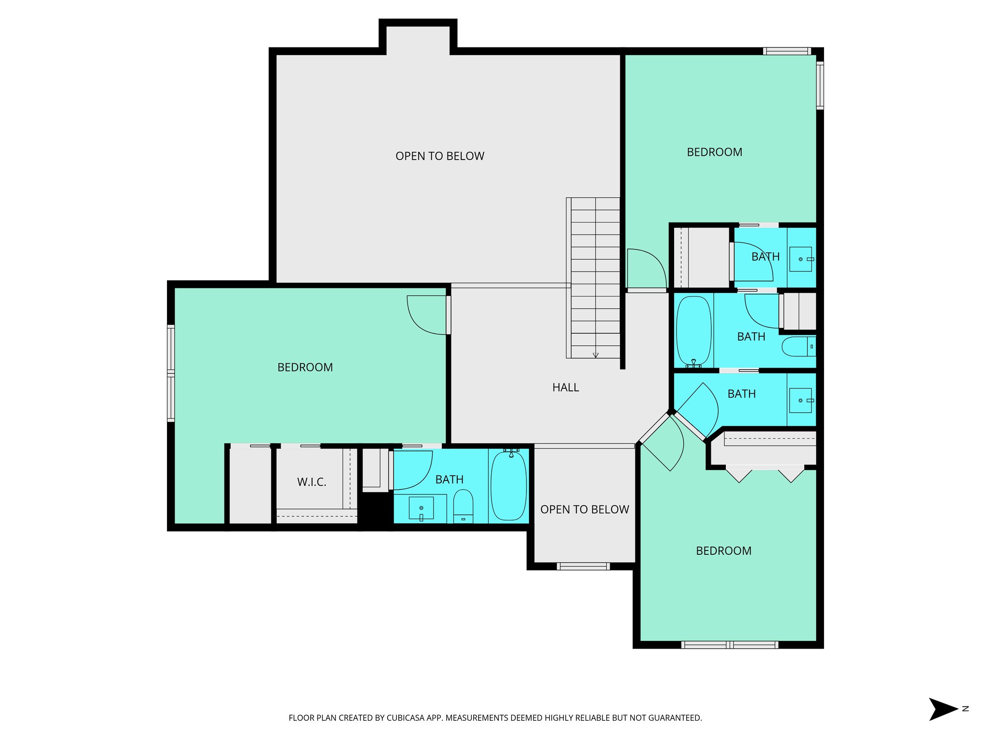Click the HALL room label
click(x=565, y=387)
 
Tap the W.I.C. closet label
click(x=312, y=482)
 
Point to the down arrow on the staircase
click(x=596, y=355)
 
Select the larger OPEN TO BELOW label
click(x=439, y=156)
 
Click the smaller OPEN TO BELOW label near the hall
click(x=584, y=509)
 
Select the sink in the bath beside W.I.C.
click(x=421, y=508)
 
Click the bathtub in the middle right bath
click(x=693, y=331)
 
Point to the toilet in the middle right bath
click(x=798, y=347)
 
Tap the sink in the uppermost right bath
click(x=801, y=259)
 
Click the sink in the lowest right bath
click(x=800, y=401)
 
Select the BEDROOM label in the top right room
click(x=714, y=152)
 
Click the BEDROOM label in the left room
click(x=305, y=368)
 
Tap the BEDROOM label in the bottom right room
click(x=723, y=551)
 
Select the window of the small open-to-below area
click(x=583, y=566)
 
